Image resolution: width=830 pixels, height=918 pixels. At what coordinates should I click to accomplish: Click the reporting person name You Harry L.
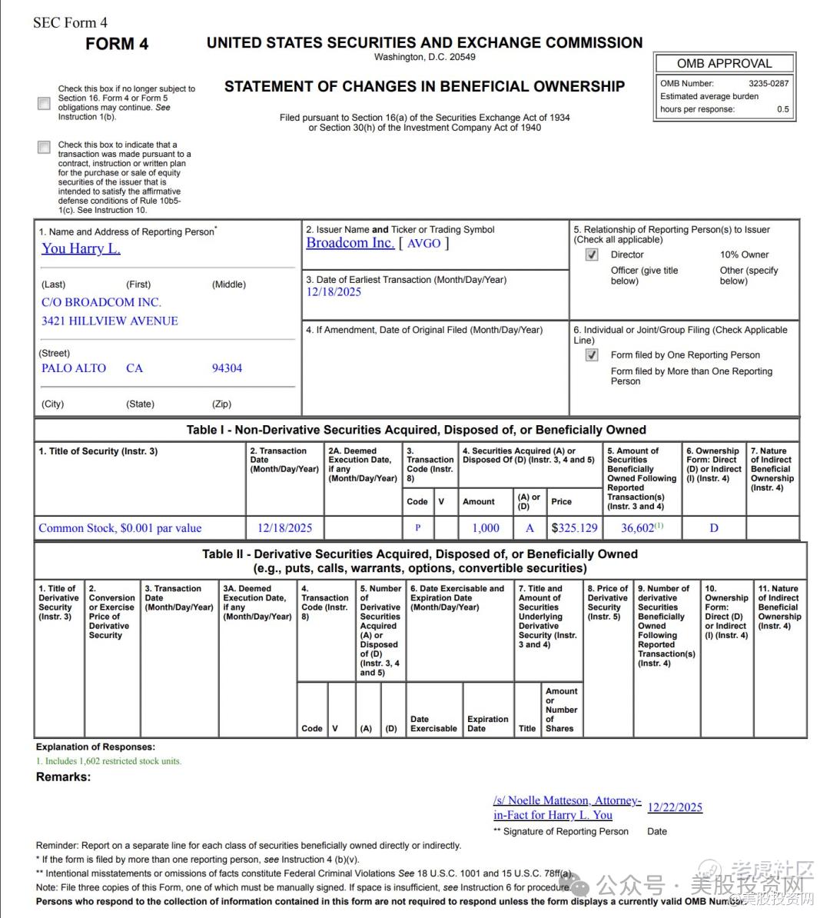[x=81, y=248]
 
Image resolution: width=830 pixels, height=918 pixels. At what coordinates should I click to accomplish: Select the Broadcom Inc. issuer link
[x=350, y=243]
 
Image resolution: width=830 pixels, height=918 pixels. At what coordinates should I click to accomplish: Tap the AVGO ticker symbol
[x=423, y=244]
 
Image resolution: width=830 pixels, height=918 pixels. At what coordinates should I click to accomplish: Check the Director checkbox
[x=592, y=254]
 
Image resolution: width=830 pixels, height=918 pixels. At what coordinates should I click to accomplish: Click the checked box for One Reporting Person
[x=592, y=355]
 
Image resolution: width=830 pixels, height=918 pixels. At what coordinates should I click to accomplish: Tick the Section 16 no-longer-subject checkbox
[x=45, y=103]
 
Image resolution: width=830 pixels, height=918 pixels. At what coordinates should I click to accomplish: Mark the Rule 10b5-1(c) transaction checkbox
[x=45, y=147]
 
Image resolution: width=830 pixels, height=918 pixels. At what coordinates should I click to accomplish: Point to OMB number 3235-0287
[x=768, y=83]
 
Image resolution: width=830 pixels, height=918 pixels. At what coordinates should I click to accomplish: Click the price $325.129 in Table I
[x=574, y=528]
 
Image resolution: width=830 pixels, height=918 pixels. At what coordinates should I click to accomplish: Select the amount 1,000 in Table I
[x=485, y=528]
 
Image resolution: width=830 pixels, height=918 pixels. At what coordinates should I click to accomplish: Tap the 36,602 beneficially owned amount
[x=638, y=528]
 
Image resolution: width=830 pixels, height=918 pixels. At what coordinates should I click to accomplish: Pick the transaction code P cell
[x=417, y=528]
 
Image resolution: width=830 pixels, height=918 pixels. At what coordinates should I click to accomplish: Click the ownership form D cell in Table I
[x=714, y=528]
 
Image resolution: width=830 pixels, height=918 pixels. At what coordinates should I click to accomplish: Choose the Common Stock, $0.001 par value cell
[x=120, y=528]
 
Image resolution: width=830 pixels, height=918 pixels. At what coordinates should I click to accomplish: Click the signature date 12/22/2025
[x=675, y=807]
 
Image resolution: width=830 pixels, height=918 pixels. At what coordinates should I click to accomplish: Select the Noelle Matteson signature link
[x=566, y=807]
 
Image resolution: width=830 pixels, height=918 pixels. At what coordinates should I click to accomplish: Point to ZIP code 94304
[x=227, y=368]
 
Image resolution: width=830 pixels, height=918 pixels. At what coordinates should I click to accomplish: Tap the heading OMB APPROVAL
[x=724, y=64]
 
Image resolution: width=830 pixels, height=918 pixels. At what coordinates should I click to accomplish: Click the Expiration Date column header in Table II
[x=487, y=723]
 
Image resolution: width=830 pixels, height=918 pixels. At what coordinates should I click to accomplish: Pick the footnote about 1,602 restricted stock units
[x=108, y=761]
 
